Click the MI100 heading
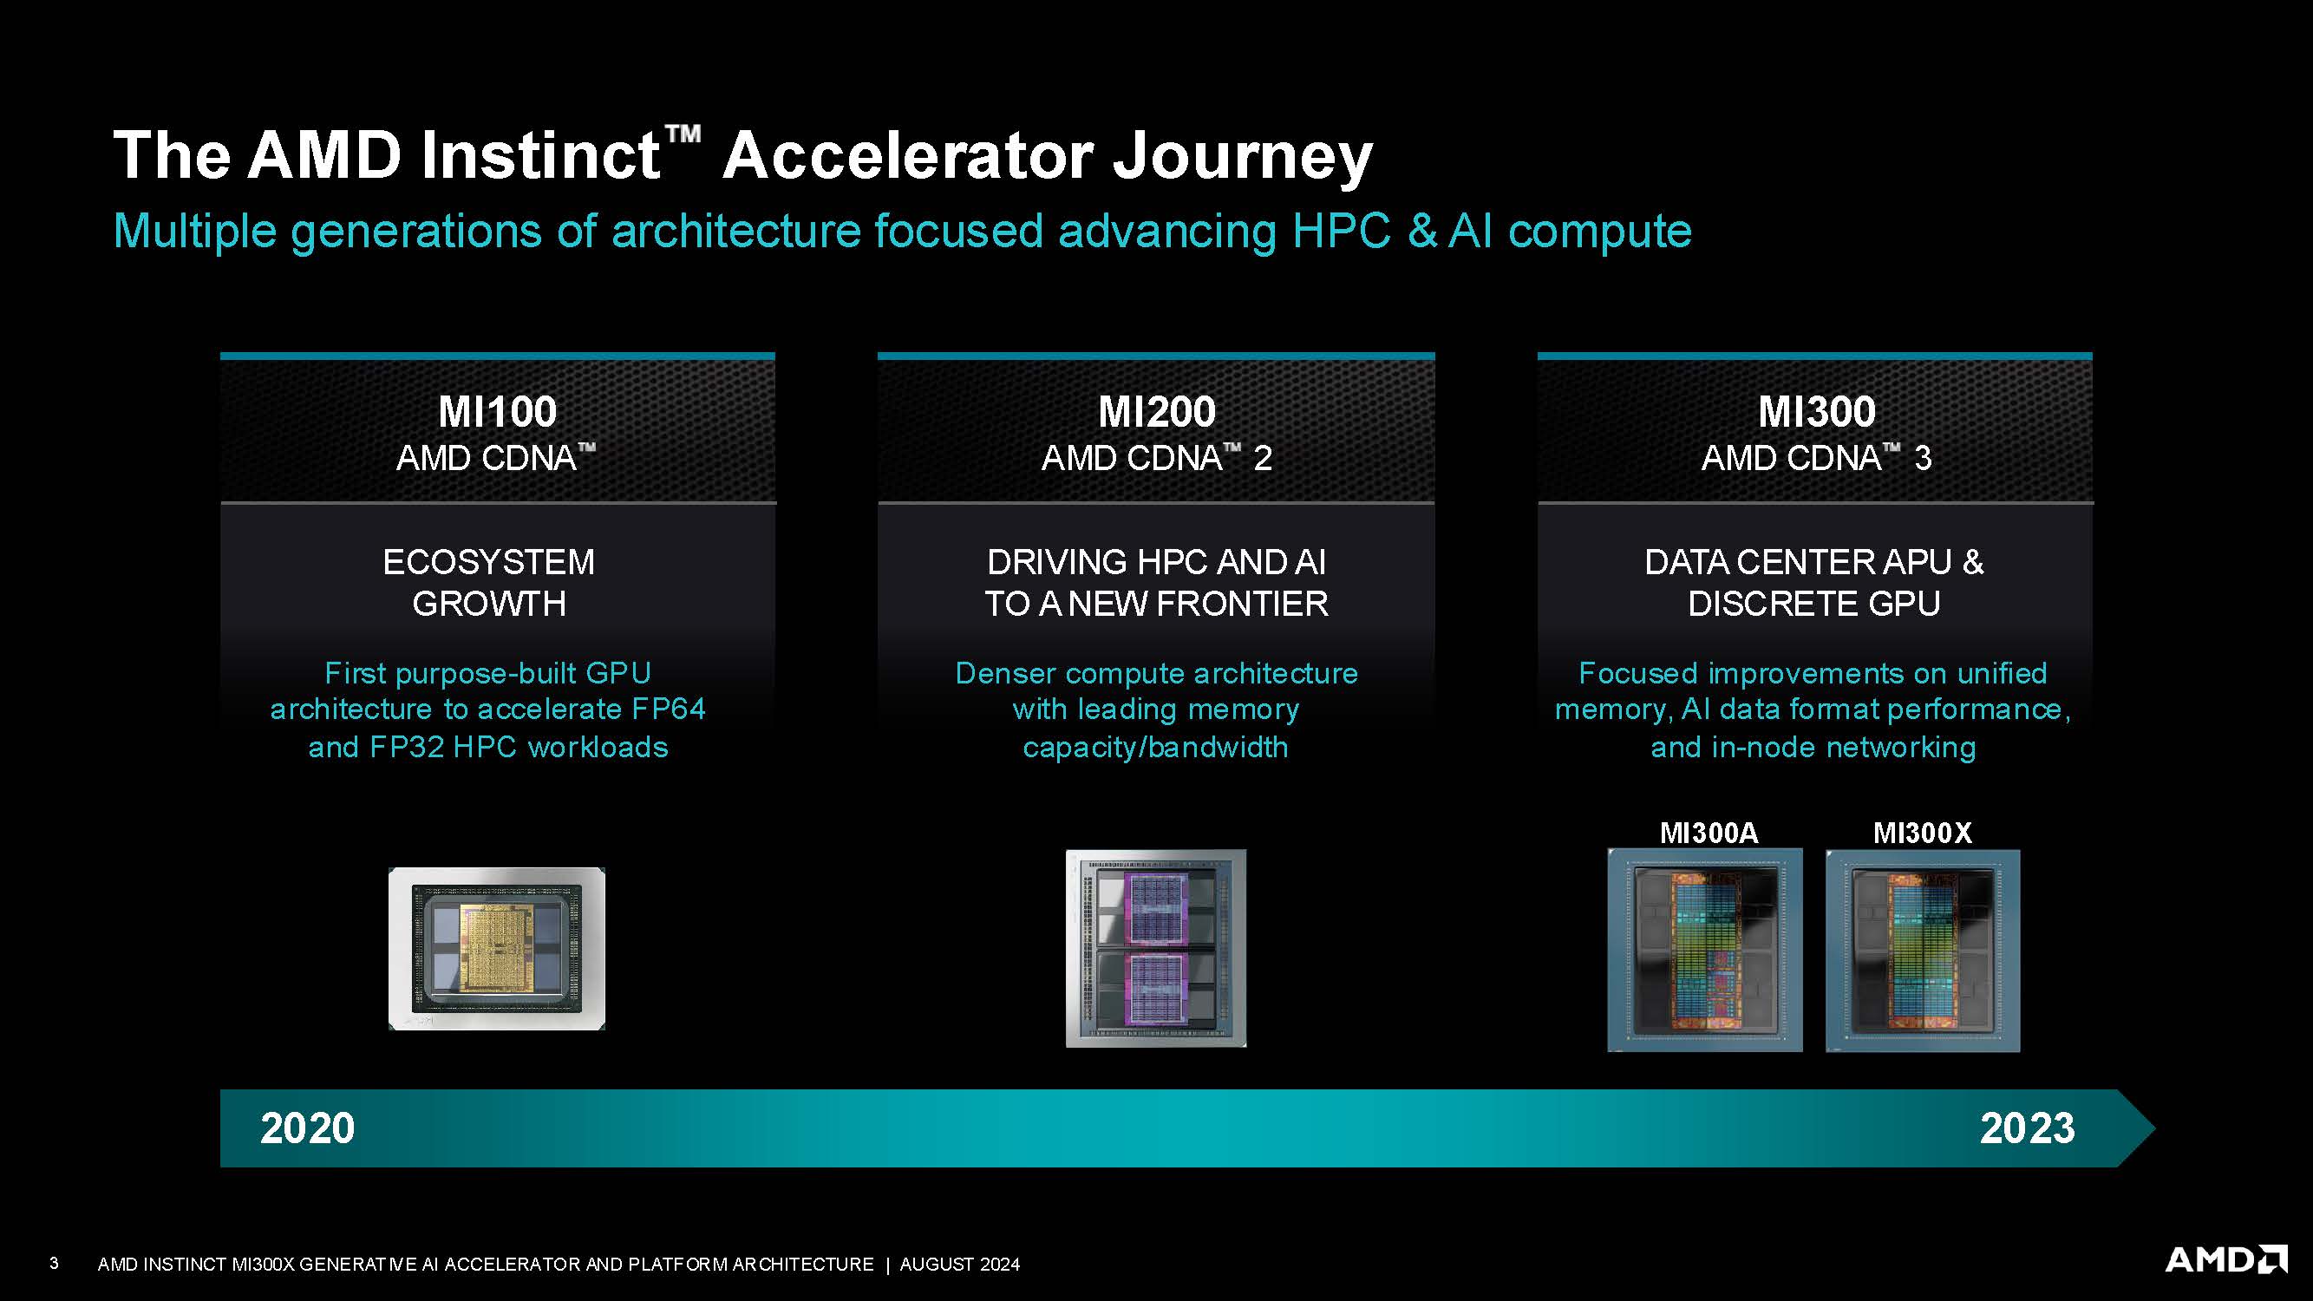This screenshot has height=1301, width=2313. (498, 412)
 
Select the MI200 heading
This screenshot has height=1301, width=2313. (1157, 412)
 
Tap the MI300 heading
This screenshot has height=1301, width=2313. (1816, 412)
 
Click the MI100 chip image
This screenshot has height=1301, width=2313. (497, 948)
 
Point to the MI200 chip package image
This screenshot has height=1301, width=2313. (1155, 948)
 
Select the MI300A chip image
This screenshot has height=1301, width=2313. (1704, 950)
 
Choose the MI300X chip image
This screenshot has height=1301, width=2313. (1923, 950)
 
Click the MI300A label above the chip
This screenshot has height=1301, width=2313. (1708, 833)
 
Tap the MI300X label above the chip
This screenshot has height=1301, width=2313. (1923, 833)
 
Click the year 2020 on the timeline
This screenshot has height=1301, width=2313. (307, 1128)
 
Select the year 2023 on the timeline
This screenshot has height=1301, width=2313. (2027, 1128)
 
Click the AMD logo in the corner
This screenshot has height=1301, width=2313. (2225, 1259)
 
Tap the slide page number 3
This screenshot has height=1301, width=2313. (54, 1264)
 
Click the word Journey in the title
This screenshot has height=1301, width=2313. (1242, 156)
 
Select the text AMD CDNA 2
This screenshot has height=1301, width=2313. (1157, 459)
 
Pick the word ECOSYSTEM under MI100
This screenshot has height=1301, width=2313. (488, 562)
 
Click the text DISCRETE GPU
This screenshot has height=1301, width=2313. (1813, 604)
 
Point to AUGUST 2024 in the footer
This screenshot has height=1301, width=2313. (960, 1265)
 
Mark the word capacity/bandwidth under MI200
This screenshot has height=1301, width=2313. (1155, 747)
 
